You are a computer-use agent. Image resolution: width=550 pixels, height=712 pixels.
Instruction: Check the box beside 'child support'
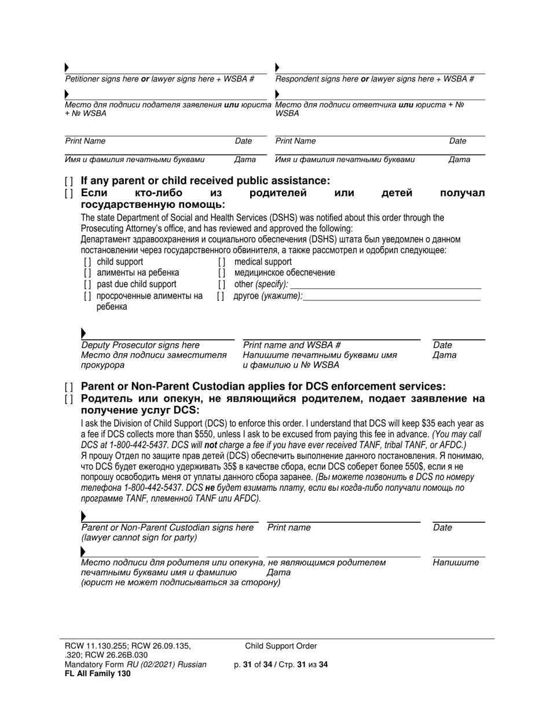[87, 262]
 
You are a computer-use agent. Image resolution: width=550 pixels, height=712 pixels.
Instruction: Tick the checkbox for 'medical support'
[222, 262]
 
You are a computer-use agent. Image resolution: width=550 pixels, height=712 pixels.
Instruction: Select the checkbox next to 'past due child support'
[87, 284]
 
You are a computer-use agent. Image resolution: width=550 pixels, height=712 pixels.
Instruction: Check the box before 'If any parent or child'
[69, 181]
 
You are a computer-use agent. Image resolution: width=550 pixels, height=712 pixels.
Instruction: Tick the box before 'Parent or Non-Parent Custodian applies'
[69, 387]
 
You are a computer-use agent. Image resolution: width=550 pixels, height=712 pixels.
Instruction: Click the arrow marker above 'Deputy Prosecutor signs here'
[84, 333]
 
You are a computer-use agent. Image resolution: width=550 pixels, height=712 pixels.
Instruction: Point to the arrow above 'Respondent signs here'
[277, 68]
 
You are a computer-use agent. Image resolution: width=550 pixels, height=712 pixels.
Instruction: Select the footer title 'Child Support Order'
[281, 646]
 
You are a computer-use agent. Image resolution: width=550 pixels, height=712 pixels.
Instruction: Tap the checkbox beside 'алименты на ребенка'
[87, 273]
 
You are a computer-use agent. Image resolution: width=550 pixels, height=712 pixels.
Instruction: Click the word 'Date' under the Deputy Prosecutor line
[442, 345]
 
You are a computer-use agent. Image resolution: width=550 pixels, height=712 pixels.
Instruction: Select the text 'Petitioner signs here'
[102, 79]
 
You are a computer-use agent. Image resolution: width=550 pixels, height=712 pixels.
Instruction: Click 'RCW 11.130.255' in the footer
[93, 646]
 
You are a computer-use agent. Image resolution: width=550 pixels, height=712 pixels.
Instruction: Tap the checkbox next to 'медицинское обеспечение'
[222, 273]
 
